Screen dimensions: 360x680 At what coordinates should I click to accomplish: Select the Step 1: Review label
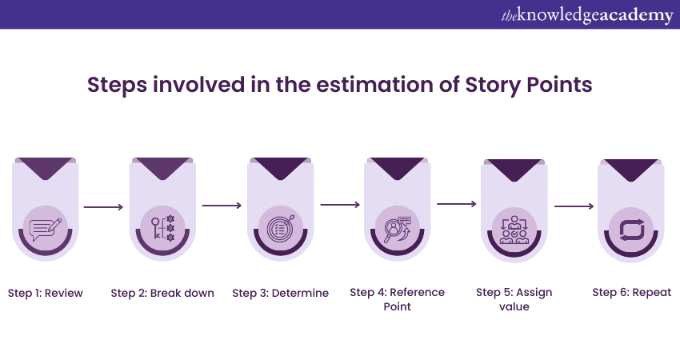(x=46, y=293)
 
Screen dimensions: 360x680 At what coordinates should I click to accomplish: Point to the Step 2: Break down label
(x=162, y=293)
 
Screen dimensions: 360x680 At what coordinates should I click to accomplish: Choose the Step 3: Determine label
(x=280, y=293)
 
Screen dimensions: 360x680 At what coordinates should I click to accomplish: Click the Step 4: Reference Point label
(x=397, y=299)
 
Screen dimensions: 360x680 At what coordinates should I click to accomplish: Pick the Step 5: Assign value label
(x=514, y=299)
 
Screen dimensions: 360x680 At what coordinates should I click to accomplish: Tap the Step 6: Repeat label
(x=631, y=293)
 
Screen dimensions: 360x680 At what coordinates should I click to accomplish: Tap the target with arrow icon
(x=280, y=228)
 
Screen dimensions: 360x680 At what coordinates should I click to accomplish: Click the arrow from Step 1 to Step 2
(x=103, y=207)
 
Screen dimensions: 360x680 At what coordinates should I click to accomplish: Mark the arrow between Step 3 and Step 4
(x=339, y=205)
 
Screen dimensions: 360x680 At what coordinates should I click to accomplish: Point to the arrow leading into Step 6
(x=574, y=206)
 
